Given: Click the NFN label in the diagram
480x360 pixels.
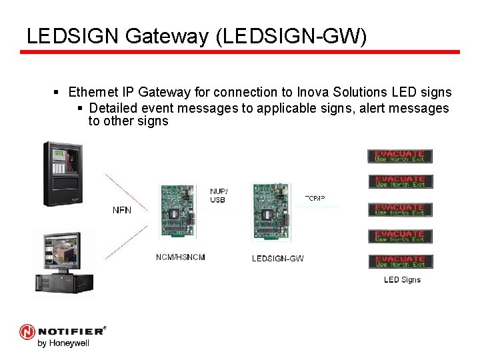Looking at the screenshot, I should coord(122,210).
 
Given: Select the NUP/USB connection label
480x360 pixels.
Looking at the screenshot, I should coord(218,195).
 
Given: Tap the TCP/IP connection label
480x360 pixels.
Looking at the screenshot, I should coord(315,198).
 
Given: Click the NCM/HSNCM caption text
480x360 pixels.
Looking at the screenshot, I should coord(181,257).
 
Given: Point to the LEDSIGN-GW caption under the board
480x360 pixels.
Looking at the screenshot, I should coord(277,259).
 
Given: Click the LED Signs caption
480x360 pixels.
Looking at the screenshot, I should coord(402,279).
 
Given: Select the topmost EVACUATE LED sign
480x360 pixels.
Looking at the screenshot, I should coord(400,156).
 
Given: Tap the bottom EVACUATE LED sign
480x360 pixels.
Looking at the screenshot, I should coord(400,261).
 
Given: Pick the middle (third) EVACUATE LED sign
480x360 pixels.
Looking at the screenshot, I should coord(400,209).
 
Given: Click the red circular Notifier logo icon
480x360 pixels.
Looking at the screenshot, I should coord(27,331).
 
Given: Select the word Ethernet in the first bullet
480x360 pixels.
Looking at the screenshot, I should coord(92,92).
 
